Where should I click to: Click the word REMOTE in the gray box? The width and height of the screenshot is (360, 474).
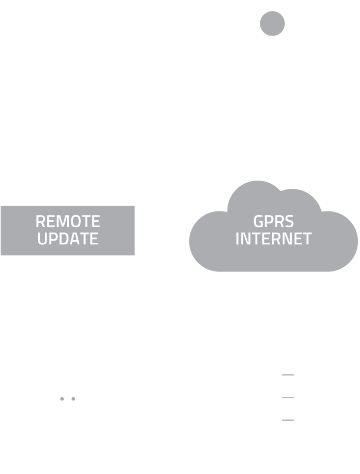pos(67,221)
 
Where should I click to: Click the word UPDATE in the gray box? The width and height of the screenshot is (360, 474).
pos(67,239)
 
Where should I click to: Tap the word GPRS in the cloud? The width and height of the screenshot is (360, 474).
pos(273,221)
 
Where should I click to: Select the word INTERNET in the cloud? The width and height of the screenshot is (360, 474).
pos(273,239)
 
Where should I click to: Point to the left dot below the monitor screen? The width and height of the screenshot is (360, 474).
pos(62,399)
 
